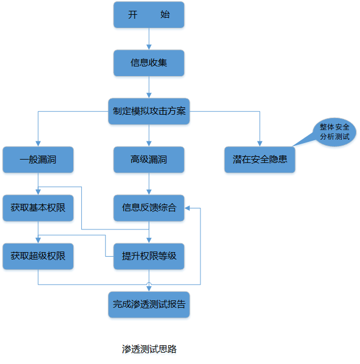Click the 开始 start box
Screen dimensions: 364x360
point(149,15)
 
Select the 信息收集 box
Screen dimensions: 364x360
point(149,63)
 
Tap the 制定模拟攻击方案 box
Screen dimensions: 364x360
point(149,111)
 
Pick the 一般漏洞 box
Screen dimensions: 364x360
point(38,160)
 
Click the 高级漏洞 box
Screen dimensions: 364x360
point(149,160)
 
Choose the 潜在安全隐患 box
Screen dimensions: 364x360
point(260,160)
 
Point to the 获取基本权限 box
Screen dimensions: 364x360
point(38,208)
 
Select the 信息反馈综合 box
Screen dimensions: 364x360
point(149,208)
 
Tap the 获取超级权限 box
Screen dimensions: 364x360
point(38,256)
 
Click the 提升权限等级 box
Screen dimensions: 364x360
point(149,256)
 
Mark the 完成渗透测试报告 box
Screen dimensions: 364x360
point(149,304)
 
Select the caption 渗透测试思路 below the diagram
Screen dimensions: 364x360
point(149,349)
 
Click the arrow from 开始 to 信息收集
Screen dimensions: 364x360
point(149,39)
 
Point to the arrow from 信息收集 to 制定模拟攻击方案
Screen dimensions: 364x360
point(149,87)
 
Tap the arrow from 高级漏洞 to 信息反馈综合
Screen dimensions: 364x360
point(149,183)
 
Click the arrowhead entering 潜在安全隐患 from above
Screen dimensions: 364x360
point(260,144)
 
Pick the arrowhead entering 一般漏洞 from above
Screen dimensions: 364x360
point(38,144)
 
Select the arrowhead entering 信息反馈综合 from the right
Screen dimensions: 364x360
point(189,208)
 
